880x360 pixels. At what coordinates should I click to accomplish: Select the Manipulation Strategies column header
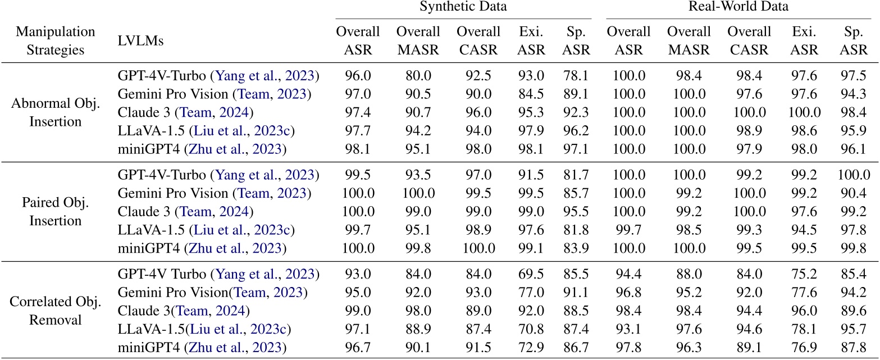click(x=55, y=40)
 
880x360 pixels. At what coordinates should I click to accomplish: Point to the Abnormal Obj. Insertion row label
click(x=55, y=112)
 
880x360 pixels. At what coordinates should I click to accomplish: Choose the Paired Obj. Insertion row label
click(x=55, y=212)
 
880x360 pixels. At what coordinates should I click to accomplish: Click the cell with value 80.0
click(x=418, y=76)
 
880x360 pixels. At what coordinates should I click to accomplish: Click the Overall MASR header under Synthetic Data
click(x=418, y=40)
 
